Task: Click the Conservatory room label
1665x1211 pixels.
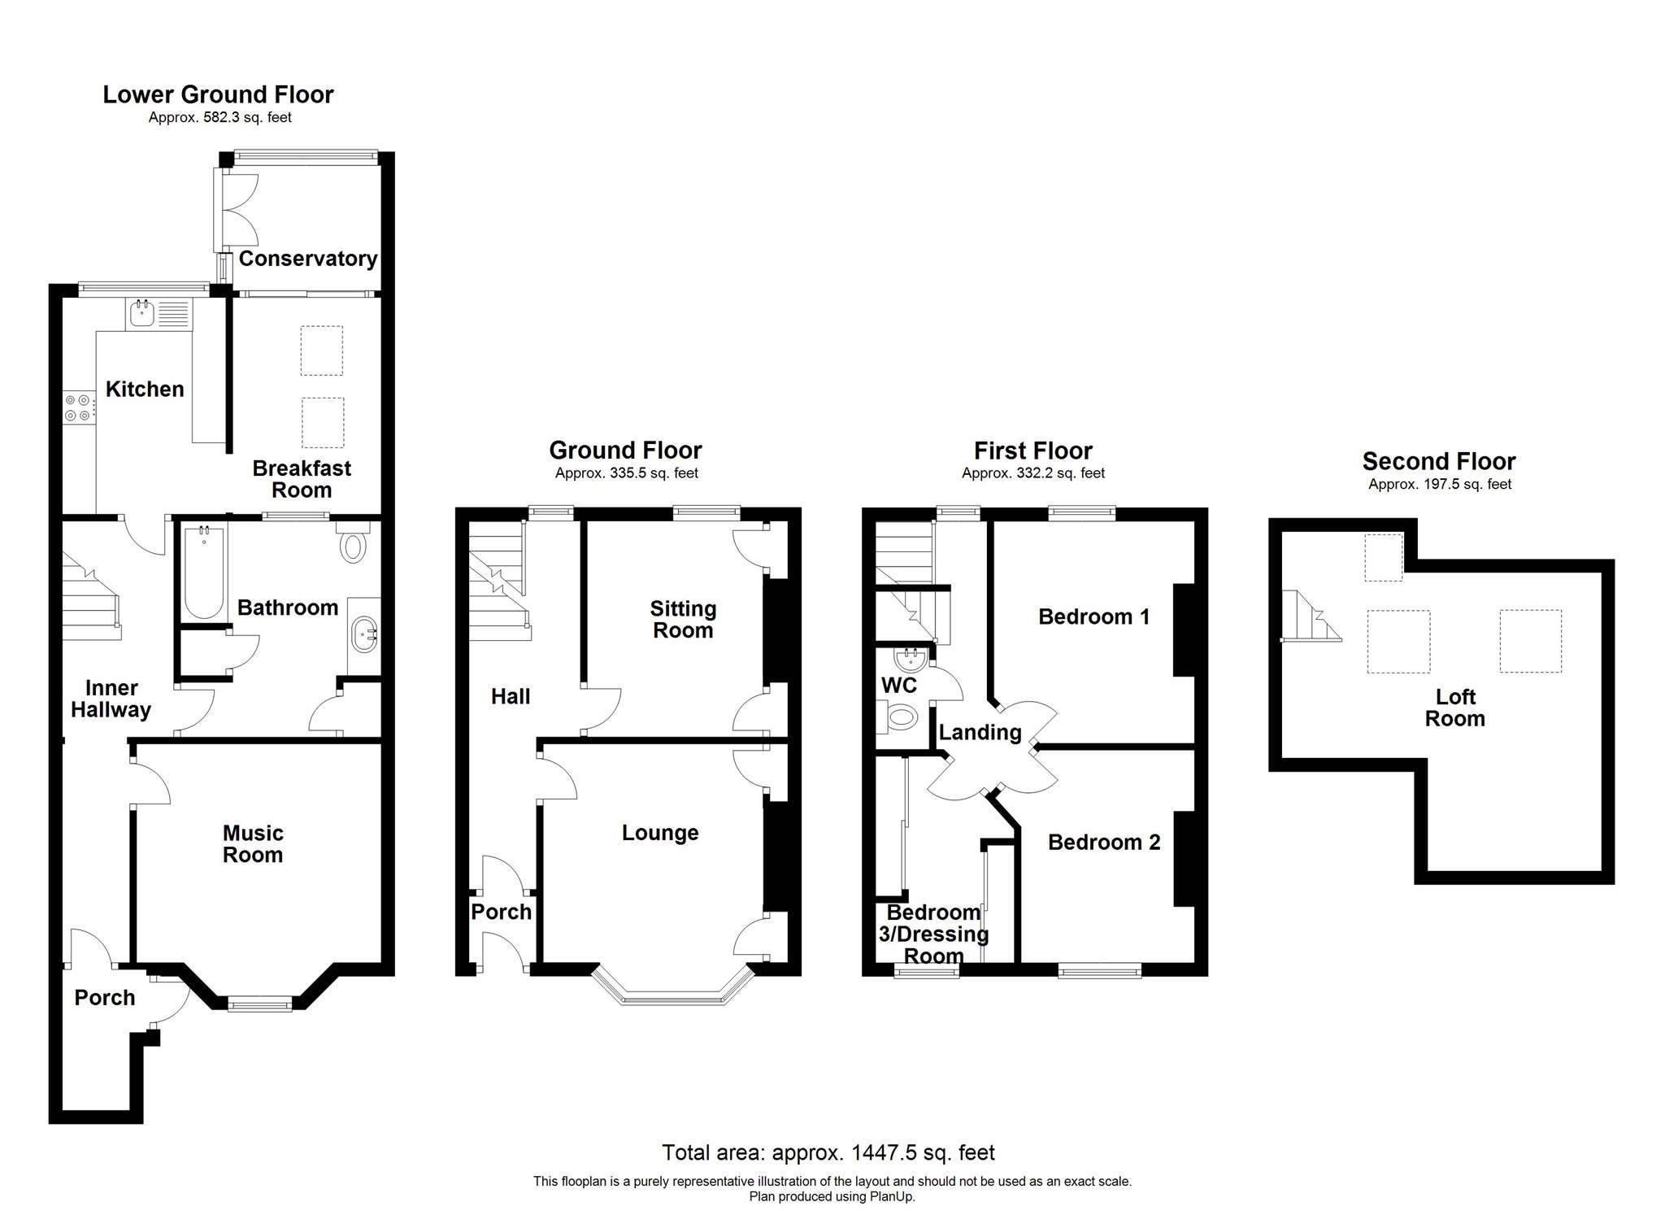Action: (307, 259)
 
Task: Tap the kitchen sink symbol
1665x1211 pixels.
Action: (143, 312)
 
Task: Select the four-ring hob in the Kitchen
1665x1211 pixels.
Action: (79, 407)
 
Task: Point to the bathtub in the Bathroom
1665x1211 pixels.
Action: (203, 571)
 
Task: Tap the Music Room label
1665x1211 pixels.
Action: (253, 843)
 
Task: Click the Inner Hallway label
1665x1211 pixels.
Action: (111, 699)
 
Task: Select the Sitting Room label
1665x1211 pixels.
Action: (683, 619)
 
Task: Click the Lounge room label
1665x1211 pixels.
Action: (660, 832)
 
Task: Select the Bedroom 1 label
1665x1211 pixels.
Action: (1093, 616)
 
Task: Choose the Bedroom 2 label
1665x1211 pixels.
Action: (1104, 842)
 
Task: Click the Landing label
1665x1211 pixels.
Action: (980, 732)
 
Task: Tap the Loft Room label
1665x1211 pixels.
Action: (1454, 708)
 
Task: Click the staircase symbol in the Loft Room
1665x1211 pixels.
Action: (1307, 617)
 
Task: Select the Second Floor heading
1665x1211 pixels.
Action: (1438, 461)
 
